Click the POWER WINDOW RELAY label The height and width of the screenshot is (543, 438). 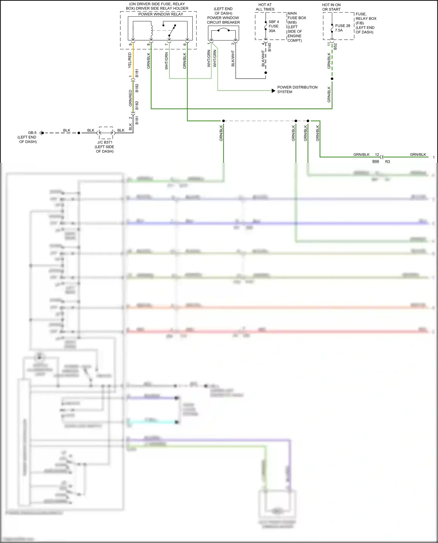(x=161, y=14)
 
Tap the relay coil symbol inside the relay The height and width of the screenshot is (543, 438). (x=152, y=29)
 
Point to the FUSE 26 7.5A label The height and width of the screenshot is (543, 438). (x=343, y=28)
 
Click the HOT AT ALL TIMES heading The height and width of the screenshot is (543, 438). (x=265, y=7)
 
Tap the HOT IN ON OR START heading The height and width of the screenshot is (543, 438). (x=331, y=7)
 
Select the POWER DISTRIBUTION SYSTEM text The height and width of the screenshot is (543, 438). (x=297, y=90)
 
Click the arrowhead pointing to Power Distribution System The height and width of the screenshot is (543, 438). (x=273, y=91)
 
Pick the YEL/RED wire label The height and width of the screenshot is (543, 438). (x=130, y=60)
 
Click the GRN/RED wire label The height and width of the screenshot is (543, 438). (x=130, y=98)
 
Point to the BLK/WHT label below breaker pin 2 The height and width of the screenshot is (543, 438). (x=233, y=59)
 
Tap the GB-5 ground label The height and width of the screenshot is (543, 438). (x=32, y=133)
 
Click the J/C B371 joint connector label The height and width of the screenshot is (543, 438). (x=105, y=142)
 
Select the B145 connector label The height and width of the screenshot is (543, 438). (x=270, y=47)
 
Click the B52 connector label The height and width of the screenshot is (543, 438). (x=335, y=46)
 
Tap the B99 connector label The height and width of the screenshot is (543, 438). (x=376, y=161)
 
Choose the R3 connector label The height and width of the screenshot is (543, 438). (x=387, y=161)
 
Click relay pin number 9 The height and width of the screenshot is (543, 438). (x=131, y=44)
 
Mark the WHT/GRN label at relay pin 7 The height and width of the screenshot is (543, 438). (x=166, y=61)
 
